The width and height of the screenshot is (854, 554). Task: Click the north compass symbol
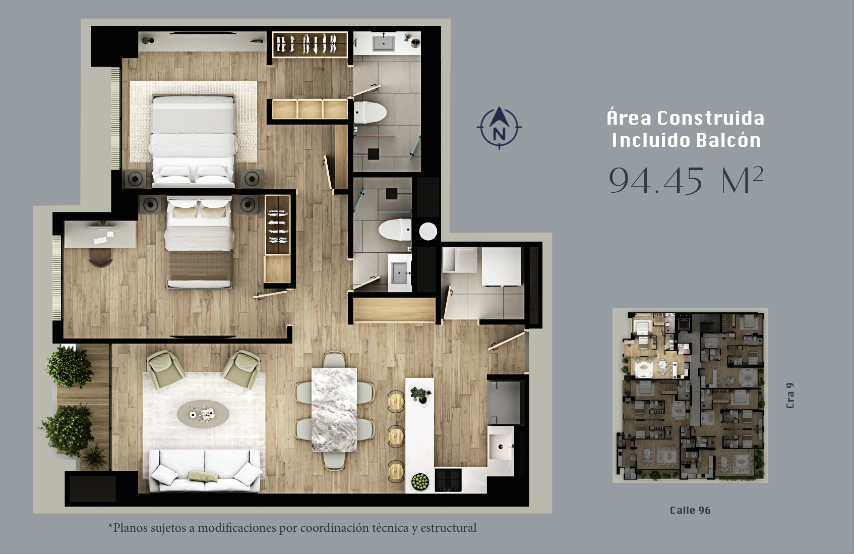click(499, 128)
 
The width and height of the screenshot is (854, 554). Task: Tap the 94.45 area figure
click(656, 181)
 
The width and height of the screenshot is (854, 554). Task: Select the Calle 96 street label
click(690, 510)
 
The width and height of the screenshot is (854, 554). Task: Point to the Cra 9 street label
click(790, 396)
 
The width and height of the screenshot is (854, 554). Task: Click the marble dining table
click(334, 410)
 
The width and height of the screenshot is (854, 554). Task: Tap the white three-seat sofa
click(205, 471)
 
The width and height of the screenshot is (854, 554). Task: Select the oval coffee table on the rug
click(203, 414)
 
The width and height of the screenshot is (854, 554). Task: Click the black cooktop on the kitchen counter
click(448, 480)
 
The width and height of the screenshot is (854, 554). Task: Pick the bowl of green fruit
click(420, 481)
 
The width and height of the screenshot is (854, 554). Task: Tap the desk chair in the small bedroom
click(101, 257)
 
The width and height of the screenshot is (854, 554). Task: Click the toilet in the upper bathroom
click(370, 113)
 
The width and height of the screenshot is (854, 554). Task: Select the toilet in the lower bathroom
click(395, 230)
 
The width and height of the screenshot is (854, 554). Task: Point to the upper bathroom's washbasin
click(384, 43)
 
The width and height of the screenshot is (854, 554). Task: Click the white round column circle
click(428, 231)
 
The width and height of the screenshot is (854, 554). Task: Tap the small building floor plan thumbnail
click(690, 395)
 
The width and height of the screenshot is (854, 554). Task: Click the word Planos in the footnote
click(131, 528)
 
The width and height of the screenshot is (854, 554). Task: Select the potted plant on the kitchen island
click(420, 395)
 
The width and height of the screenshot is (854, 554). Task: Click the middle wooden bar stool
click(396, 436)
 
